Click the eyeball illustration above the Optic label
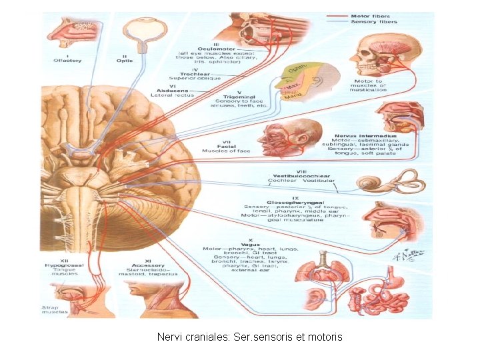point(142,28)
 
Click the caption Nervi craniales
point(249,337)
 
